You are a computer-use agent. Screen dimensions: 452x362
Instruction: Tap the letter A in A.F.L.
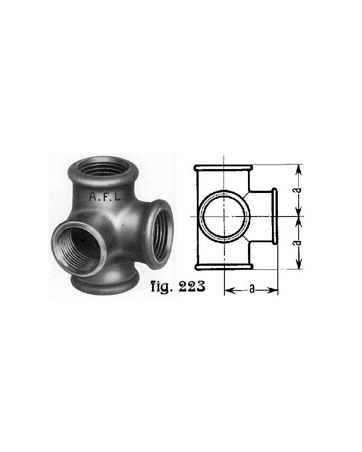[x=92, y=197]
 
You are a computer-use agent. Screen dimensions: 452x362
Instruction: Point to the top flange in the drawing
[x=223, y=167]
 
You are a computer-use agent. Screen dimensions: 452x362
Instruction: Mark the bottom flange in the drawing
[x=223, y=267]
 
